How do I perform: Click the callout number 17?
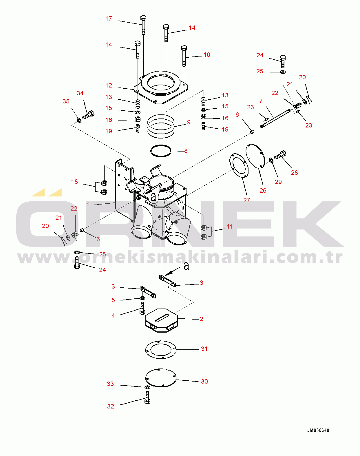point(109,19)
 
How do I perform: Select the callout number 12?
point(109,85)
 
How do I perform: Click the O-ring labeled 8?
point(161,151)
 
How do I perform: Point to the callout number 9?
point(189,122)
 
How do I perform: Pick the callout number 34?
point(80,93)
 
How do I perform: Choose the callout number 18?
point(74,182)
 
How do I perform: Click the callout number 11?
point(230,227)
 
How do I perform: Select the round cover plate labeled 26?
point(255,156)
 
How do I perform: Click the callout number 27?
point(247,200)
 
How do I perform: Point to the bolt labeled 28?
point(280,155)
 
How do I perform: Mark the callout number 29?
point(278,182)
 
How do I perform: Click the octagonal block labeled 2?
point(161,320)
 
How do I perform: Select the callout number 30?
point(204,382)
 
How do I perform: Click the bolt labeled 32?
point(147,397)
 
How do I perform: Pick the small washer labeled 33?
point(147,387)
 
